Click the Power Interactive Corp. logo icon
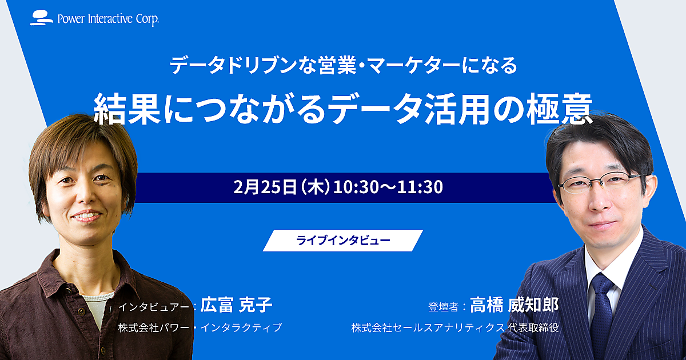click(x=41, y=18)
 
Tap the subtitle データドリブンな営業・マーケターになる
click(x=344, y=66)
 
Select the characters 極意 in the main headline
click(x=559, y=109)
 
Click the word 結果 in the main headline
click(x=126, y=109)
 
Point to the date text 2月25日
click(x=265, y=187)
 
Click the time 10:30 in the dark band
click(x=356, y=187)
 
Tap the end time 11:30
click(x=420, y=187)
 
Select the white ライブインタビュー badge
click(x=343, y=241)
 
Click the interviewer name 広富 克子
click(x=236, y=305)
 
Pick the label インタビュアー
click(x=153, y=306)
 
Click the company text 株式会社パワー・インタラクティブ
click(x=200, y=327)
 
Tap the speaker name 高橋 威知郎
click(x=514, y=305)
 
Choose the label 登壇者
click(x=444, y=307)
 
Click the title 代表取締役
click(x=533, y=327)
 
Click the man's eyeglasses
click(x=600, y=183)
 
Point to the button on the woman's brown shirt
click(x=81, y=311)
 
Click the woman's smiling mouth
click(x=86, y=216)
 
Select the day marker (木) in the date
click(x=315, y=187)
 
